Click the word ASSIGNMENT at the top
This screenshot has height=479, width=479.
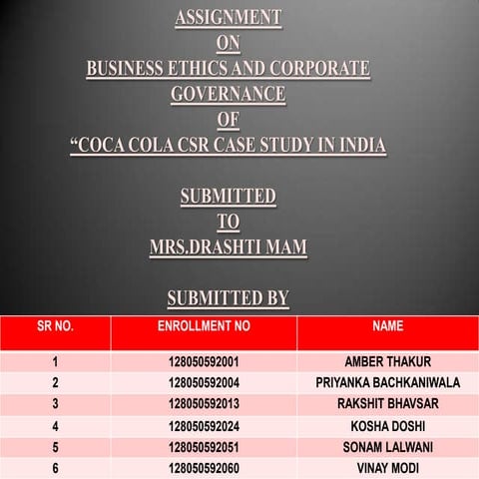228,17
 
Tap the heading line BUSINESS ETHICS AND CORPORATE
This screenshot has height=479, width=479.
228,69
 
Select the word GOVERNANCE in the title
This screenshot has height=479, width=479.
228,95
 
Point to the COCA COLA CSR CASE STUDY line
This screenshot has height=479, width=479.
228,146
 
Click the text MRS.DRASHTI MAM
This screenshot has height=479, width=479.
228,246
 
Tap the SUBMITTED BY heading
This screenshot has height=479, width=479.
228,297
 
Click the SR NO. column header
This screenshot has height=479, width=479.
55,326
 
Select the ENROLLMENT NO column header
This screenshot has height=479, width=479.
204,326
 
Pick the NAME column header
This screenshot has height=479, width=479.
387,326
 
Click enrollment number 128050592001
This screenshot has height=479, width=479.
204,361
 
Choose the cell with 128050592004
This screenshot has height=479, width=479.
204,382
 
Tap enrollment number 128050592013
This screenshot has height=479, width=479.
204,403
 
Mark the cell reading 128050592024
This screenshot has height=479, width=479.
204,426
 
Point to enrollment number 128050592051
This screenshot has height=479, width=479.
204,447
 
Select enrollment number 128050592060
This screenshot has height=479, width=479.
204,468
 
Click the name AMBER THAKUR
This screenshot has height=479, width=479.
387,361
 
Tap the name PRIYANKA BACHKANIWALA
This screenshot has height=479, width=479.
387,382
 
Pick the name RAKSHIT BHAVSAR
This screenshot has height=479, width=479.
387,403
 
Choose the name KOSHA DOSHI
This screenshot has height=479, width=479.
387,426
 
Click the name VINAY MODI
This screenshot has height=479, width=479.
387,468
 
